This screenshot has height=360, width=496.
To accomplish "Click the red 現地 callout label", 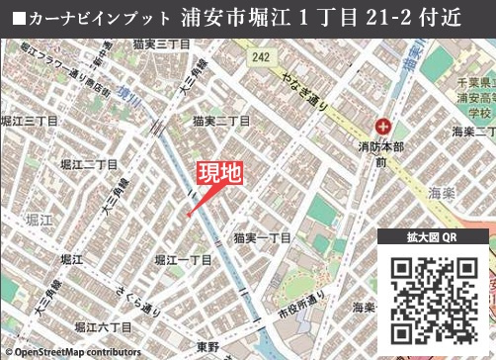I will point(219,175).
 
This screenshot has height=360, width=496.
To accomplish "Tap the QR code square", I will point(435,300).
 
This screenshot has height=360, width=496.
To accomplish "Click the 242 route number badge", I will point(260,58).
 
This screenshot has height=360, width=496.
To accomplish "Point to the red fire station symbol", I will point(384,126).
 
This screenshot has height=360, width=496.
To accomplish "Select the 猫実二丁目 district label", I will point(220,121).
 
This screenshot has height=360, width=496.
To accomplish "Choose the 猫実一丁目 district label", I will point(262,238).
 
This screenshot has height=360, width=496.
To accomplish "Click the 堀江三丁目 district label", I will point(30,121).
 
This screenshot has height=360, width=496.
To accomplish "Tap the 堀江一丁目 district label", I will point(184,259).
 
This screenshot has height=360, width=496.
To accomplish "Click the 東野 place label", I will point(207,345).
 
